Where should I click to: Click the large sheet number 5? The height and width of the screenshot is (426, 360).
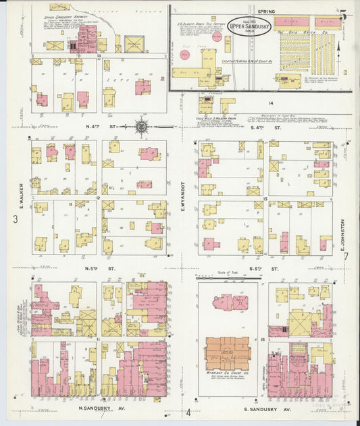click(x=343, y=15)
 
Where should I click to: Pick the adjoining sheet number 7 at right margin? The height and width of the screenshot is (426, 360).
click(x=345, y=256)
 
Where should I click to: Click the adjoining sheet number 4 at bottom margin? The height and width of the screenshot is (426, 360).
click(x=190, y=412)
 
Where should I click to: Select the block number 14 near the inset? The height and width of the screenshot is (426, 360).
click(x=270, y=103)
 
